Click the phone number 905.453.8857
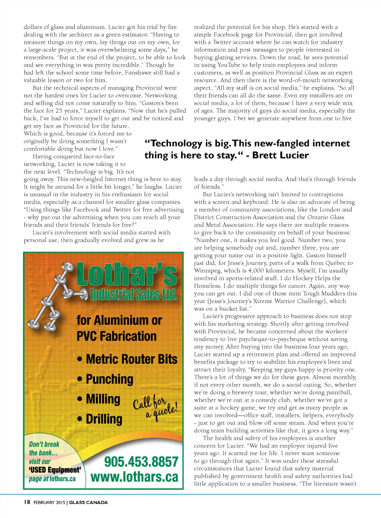pos(141,462)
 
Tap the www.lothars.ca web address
pos(134,477)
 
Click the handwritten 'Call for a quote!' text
pos(156,408)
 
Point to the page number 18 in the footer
pos(27,502)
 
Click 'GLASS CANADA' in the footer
pos(88,502)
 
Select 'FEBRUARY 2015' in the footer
pos(49,502)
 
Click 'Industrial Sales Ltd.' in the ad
pos(134,295)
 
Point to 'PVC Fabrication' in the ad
pos(116,336)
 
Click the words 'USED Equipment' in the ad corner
pos(55,470)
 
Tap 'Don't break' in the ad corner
pos(44,444)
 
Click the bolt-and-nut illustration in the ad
pos(52,298)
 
